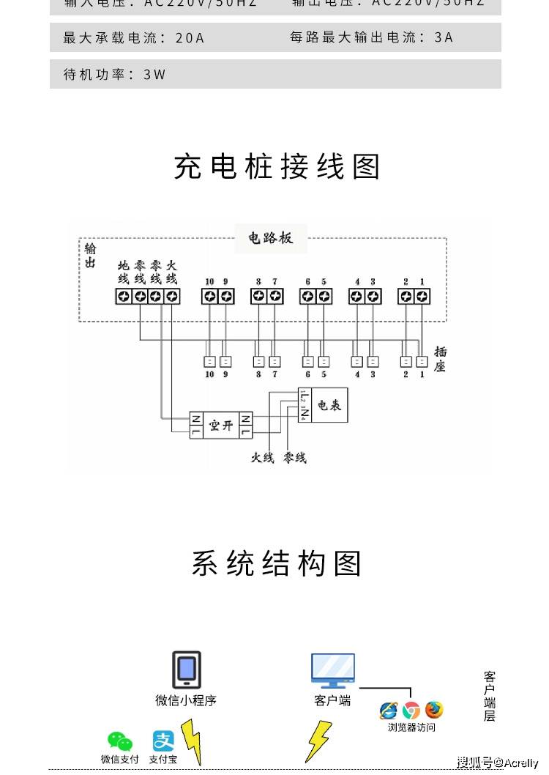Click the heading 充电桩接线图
(277, 167)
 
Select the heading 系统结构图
(277, 564)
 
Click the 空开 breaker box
(220, 425)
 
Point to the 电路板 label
(270, 238)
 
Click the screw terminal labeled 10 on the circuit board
(210, 296)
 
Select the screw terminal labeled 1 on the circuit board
(422, 296)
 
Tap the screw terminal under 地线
(123, 296)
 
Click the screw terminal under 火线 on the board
(172, 296)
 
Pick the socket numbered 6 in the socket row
(307, 361)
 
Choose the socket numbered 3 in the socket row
(373, 361)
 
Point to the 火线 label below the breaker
(262, 458)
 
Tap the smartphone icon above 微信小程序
(187, 670)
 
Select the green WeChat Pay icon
(119, 742)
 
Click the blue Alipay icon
(163, 741)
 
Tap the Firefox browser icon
(435, 710)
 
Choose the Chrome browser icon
(411, 710)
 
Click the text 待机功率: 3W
(115, 75)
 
